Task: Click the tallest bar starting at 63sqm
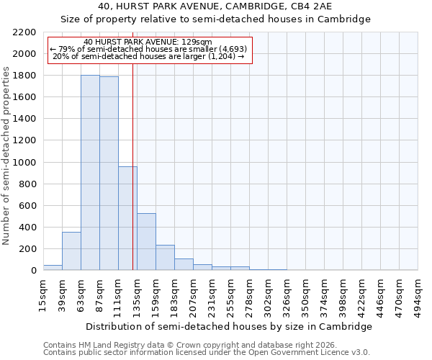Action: (x=90, y=173)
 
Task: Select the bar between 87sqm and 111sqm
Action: (x=109, y=174)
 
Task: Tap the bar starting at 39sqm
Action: (x=71, y=251)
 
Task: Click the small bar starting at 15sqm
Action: (x=53, y=267)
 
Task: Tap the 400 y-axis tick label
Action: (x=28, y=228)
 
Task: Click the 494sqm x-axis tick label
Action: (x=418, y=296)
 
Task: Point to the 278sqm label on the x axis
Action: (x=249, y=296)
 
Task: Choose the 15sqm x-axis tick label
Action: (x=43, y=294)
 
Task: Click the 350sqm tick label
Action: (x=306, y=296)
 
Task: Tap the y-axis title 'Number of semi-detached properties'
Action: (x=6, y=156)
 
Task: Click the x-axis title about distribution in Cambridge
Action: (x=228, y=327)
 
